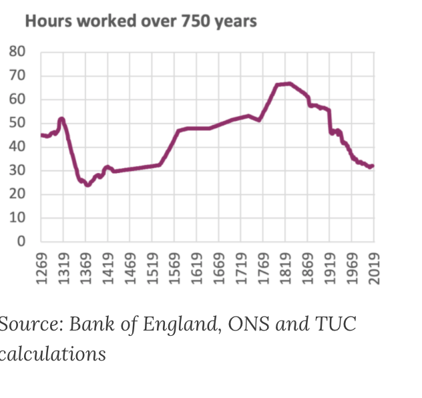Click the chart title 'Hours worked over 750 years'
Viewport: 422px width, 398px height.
(140, 21)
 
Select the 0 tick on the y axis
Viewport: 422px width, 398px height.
(21, 242)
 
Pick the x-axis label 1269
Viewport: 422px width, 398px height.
(41, 269)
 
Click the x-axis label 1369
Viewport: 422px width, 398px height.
(85, 269)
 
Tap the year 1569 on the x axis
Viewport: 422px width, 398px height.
(175, 269)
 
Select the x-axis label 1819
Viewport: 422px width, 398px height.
(286, 269)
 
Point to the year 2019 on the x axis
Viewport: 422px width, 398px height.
(375, 269)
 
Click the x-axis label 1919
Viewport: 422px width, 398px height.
(330, 269)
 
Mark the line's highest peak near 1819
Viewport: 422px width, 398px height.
(288, 83)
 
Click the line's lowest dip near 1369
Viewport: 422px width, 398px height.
(87, 185)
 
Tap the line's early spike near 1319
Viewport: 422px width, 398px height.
(61, 119)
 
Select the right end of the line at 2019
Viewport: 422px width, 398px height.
(373, 166)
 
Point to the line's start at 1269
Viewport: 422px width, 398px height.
(41, 135)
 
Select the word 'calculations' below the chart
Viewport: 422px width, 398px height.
(53, 353)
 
